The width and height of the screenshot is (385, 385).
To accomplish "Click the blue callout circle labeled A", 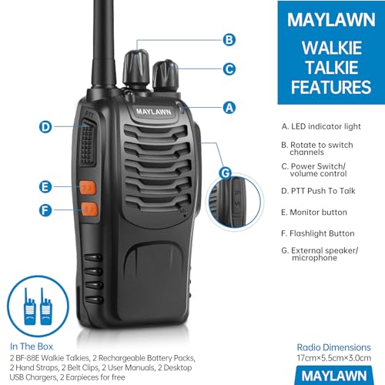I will click(228, 109).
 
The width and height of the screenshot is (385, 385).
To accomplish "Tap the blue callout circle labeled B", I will click(229, 39).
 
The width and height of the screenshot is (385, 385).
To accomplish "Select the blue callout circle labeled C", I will click(229, 69).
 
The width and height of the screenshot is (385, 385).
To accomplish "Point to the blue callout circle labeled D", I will click(45, 127).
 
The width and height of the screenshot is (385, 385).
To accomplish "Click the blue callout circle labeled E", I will click(45, 186).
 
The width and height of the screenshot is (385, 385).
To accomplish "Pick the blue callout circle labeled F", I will click(45, 209).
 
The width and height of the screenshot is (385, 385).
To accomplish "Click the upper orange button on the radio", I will click(87, 186).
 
